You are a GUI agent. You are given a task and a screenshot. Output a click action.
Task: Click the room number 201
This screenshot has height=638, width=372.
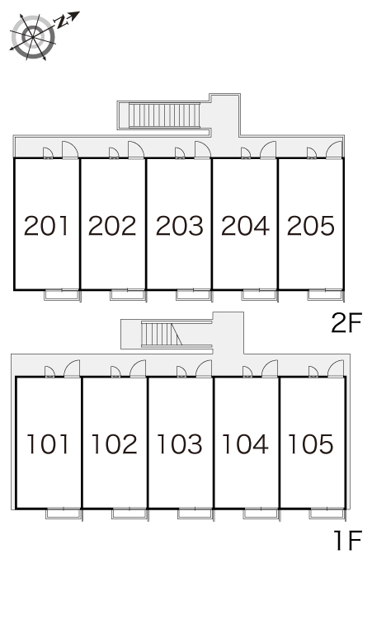point(46,226)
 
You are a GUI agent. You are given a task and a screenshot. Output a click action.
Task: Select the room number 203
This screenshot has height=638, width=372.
point(180,226)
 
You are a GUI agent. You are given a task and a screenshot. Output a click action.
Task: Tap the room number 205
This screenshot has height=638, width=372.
point(311,226)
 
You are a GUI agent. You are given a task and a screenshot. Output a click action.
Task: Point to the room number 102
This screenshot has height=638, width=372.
point(115,444)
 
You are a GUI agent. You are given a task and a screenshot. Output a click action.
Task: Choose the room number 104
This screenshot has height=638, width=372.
point(246,444)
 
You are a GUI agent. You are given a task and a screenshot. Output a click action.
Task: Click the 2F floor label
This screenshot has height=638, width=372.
point(346,323)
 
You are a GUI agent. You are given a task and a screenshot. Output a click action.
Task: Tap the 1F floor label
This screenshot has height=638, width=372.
point(348,541)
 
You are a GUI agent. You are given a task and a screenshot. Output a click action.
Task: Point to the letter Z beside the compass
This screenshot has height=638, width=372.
point(62,22)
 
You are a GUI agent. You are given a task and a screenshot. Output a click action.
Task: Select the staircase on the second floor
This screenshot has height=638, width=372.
point(165,115)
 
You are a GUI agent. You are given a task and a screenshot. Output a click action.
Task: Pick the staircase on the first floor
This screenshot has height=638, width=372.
point(162,334)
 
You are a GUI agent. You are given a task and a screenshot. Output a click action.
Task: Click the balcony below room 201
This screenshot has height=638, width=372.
point(62,295)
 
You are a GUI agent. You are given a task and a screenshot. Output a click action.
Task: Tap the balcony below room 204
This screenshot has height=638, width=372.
point(260,295)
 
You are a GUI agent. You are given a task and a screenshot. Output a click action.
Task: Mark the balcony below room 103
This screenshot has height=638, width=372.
point(195,514)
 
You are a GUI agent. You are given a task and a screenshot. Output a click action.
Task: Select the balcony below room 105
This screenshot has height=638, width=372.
point(327,514)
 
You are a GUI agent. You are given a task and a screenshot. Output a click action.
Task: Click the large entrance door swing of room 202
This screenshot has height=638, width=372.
point(136,149)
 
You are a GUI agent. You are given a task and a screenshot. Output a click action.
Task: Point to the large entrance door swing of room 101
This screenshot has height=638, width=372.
point(72,368)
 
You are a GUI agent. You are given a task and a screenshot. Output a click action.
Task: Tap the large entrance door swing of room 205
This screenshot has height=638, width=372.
point(334,149)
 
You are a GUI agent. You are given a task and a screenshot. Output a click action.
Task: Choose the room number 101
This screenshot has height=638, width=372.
point(48,444)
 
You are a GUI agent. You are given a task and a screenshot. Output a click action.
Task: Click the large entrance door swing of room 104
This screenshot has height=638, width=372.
point(270,368)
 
